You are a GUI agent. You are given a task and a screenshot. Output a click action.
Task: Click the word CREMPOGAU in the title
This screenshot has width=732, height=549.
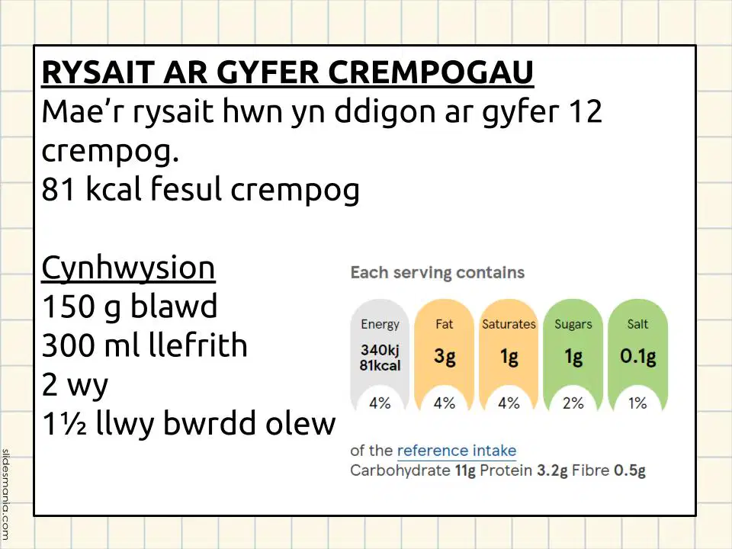pyautogui.click(x=431, y=72)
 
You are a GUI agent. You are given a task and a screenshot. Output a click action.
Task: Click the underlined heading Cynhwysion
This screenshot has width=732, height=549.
pyautogui.click(x=128, y=268)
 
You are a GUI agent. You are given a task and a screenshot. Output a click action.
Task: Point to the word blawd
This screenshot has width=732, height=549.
pyautogui.click(x=174, y=307)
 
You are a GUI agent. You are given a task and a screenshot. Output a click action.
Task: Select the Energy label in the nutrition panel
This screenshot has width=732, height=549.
pyautogui.click(x=380, y=325)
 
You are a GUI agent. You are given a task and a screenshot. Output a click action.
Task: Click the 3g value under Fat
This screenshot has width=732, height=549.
pyautogui.click(x=445, y=357)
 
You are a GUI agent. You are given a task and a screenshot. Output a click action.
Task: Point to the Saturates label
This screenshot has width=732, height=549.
pyautogui.click(x=509, y=324)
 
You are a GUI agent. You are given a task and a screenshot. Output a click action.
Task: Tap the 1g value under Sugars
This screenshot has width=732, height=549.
pyautogui.click(x=573, y=357)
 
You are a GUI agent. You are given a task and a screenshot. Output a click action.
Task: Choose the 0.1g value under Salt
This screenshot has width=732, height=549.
pyautogui.click(x=637, y=356)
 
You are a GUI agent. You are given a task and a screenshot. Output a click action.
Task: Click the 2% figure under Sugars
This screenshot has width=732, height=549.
pyautogui.click(x=573, y=403)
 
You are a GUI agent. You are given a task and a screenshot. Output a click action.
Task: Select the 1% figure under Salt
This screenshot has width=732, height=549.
pyautogui.click(x=637, y=403)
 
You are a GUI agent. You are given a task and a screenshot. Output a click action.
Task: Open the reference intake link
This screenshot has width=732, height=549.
pyautogui.click(x=457, y=451)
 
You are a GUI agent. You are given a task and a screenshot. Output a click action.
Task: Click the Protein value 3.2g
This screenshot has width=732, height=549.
pyautogui.click(x=552, y=470)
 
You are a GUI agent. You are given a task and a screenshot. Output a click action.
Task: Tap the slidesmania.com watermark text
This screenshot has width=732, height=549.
pyautogui.click(x=5, y=495)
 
